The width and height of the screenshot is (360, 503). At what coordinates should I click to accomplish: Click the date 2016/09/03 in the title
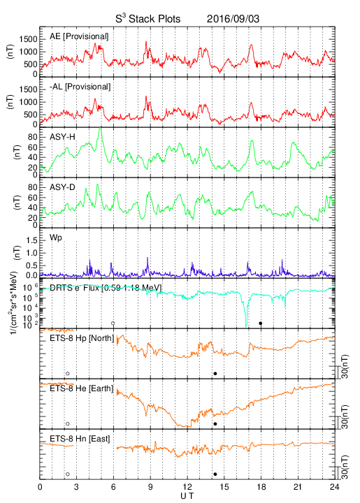point(233,19)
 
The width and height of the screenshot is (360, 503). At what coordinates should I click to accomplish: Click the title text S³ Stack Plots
point(148,19)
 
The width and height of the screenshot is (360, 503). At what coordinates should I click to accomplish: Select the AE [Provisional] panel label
point(79,36)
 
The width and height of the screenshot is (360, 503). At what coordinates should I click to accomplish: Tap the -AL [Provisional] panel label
point(80,87)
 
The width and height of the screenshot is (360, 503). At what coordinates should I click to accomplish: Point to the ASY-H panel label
point(62,137)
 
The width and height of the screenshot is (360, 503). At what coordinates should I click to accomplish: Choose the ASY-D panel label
point(62,187)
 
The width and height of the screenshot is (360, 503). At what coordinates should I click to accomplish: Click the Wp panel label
point(55,238)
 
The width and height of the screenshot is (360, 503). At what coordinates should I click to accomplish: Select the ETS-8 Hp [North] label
point(82,338)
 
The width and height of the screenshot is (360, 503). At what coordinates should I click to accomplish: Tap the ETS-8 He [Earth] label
point(82,388)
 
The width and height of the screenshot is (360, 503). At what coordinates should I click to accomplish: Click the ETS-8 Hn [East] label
point(80,439)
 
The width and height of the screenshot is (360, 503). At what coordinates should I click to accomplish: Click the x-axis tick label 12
point(187,487)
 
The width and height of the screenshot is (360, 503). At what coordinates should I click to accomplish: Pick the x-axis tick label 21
point(298,487)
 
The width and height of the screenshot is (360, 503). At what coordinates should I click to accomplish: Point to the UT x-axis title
point(187,496)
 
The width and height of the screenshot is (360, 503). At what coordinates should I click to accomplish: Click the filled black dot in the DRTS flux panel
point(261,323)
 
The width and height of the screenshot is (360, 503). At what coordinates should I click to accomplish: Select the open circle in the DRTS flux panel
point(113,323)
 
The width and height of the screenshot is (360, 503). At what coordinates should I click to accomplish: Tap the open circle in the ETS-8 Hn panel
point(67,474)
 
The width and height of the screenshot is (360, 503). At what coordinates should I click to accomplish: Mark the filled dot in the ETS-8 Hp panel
point(215,373)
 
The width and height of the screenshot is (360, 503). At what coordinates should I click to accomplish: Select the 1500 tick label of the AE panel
point(28,39)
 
